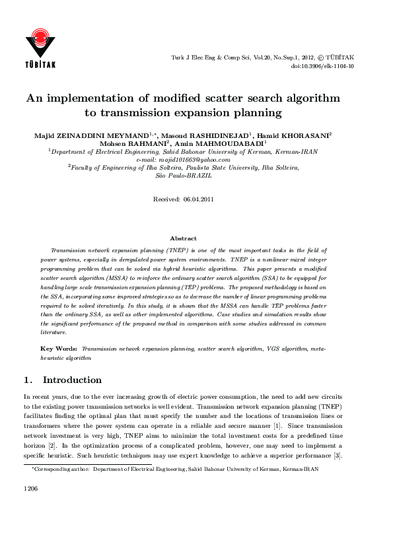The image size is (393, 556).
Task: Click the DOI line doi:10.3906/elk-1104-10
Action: click(x=322, y=66)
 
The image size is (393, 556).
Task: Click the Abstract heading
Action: click(x=183, y=238)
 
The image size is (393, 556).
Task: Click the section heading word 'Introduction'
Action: click(x=72, y=380)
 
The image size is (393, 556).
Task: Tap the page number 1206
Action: click(x=31, y=489)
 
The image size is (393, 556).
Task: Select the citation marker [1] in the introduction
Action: click(x=278, y=427)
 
